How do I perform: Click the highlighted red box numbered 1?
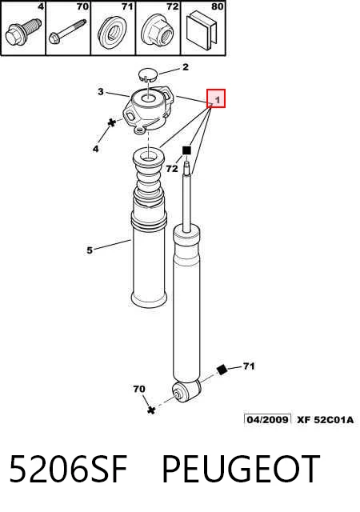216,98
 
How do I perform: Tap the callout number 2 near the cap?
186,67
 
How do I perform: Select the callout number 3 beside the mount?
101,92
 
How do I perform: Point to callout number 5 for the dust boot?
90,250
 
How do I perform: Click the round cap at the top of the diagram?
148,74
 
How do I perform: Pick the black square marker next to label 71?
222,370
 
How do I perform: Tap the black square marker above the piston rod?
186,150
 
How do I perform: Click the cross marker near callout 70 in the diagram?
151,410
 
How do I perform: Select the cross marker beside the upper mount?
112,122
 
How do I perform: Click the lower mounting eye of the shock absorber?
186,391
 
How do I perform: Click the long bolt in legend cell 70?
68,31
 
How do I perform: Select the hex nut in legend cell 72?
158,32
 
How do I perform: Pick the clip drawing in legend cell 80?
202,31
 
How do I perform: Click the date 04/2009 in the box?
267,419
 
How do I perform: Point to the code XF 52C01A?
326,419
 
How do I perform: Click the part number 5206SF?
68,469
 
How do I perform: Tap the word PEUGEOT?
241,469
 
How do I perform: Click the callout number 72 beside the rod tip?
172,169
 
